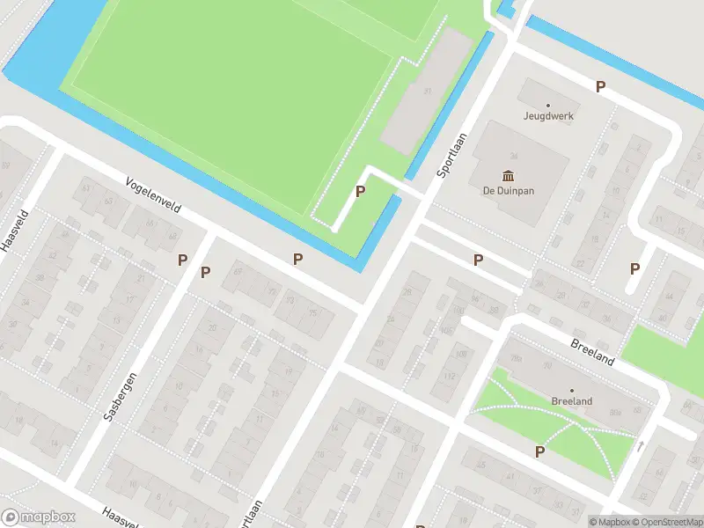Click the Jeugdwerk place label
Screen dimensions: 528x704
point(547,115)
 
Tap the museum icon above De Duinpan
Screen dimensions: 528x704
point(508,175)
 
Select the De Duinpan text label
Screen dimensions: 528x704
point(508,190)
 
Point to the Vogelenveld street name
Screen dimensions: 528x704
point(153,194)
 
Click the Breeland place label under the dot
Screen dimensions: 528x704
point(571,401)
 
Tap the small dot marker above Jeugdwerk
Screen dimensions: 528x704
point(547,105)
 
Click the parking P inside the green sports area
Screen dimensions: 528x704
point(360,191)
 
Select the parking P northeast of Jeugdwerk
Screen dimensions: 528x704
point(601,86)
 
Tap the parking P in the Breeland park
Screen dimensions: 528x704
point(539,451)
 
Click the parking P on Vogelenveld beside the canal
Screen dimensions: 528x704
point(298,259)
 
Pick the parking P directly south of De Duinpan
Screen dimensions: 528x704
point(478,260)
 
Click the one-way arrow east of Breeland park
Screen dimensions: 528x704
point(640,446)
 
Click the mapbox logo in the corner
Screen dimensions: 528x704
point(39,517)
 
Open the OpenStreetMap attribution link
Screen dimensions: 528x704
point(665,522)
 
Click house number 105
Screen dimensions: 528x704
point(447,331)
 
